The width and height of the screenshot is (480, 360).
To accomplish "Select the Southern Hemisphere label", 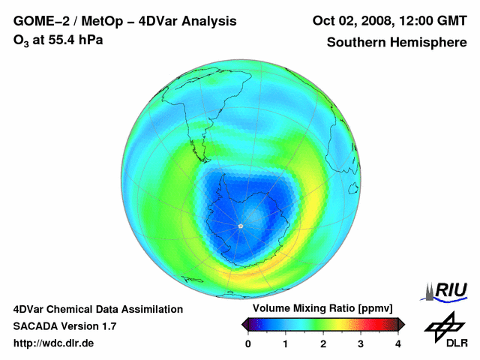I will pyautogui.click(x=396, y=43).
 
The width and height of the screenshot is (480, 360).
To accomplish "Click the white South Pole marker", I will pyautogui.click(x=240, y=225).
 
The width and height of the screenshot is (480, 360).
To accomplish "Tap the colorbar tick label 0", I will pyautogui.click(x=248, y=343).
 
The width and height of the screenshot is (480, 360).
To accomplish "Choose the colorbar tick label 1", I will pyautogui.click(x=286, y=343).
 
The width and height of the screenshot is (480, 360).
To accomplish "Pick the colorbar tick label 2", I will pyautogui.click(x=323, y=343).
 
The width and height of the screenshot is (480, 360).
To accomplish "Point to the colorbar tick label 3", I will pyautogui.click(x=361, y=343).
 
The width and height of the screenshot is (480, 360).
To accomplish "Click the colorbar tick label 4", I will pyautogui.click(x=398, y=343).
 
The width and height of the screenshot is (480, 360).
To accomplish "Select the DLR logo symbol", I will pyautogui.click(x=442, y=325).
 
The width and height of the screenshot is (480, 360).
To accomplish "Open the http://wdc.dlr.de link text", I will pyautogui.click(x=54, y=343).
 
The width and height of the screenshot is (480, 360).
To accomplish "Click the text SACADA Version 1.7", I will pyautogui.click(x=64, y=326).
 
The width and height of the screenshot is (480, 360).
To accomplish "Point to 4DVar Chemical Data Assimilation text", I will pyautogui.click(x=97, y=309).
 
